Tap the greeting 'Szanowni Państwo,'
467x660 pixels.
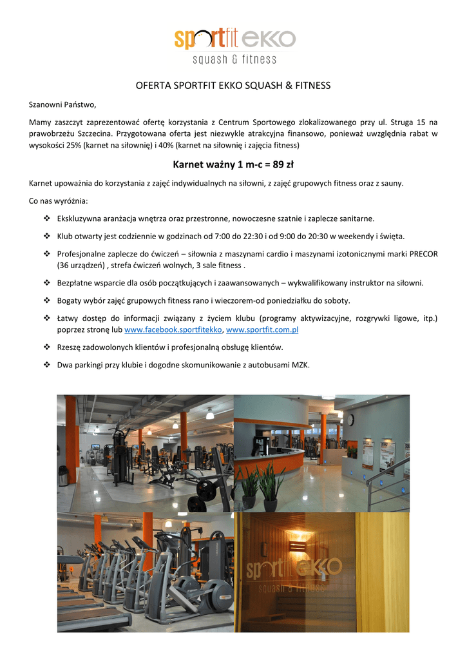[62, 104]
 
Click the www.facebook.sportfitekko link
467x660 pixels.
[173, 330]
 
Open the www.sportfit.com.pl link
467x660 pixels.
[262, 330]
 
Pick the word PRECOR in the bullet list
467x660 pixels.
[422, 254]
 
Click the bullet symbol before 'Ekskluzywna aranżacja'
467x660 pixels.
[46, 218]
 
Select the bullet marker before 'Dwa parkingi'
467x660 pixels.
[46, 365]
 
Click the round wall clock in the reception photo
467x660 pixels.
[350, 420]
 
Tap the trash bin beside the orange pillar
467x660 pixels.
[63, 476]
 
